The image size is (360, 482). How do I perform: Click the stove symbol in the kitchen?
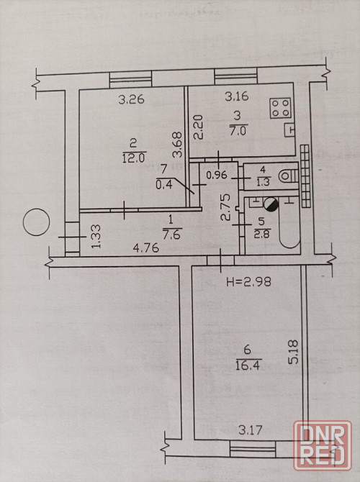click(x=280, y=108)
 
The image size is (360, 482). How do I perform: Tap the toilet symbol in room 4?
click(x=288, y=176)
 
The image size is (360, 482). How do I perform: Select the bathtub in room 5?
click(x=289, y=224)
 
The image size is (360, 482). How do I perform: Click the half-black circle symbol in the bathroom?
click(x=271, y=204)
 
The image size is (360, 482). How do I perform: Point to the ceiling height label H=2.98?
click(x=248, y=281)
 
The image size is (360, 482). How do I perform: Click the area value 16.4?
click(x=248, y=365)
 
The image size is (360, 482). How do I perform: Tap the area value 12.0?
click(x=133, y=158)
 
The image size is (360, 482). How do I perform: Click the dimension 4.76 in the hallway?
click(x=146, y=247)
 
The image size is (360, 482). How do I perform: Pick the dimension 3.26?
click(x=131, y=99)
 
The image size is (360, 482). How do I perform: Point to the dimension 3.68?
click(x=178, y=145)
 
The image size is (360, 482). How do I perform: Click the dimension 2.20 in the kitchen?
click(x=198, y=127)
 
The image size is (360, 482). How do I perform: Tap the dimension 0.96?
click(x=217, y=175)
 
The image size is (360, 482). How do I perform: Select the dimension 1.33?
click(x=95, y=237)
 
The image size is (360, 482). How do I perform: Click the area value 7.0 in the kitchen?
click(x=238, y=131)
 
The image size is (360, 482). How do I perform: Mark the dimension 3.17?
click(x=251, y=429)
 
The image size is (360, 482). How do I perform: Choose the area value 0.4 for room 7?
click(x=164, y=184)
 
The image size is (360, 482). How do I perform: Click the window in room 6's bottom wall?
click(x=253, y=449)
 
